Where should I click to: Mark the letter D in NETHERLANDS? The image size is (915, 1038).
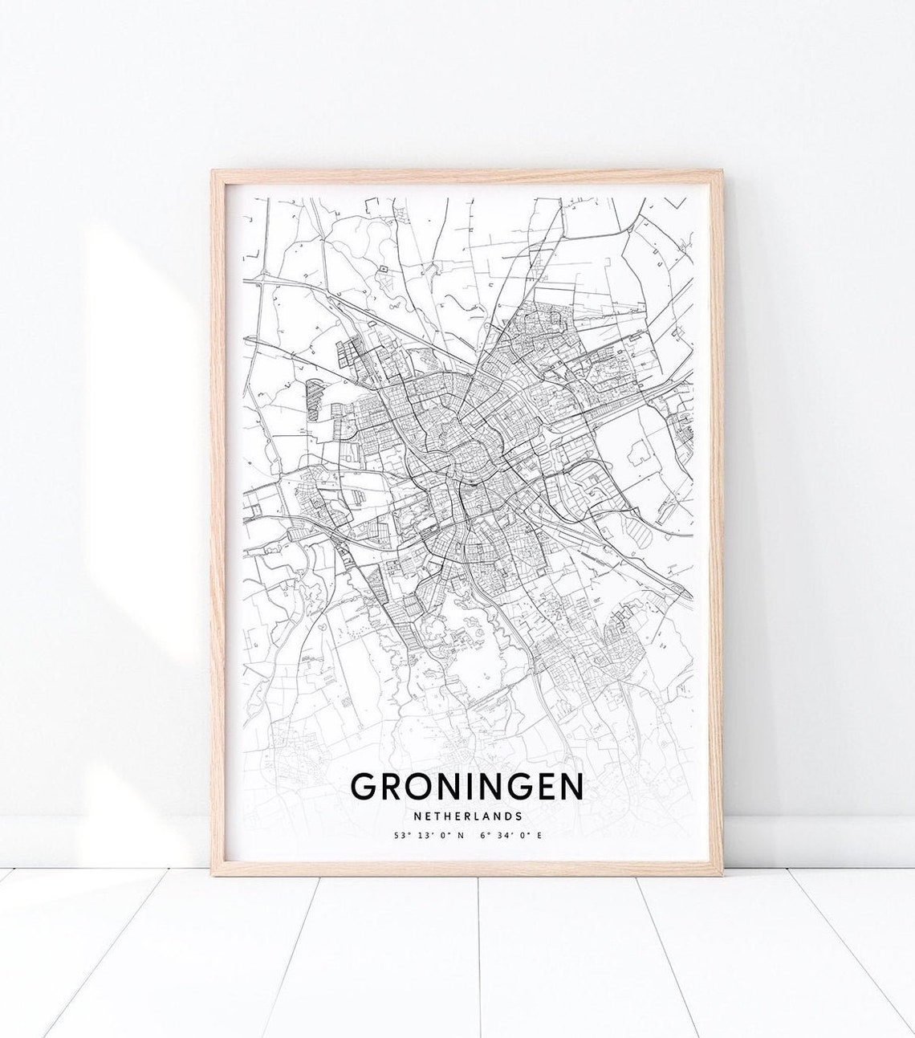click(x=506, y=816)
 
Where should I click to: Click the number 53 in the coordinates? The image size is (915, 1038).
click(x=399, y=836)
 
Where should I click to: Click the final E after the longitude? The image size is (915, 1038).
click(x=539, y=836)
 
